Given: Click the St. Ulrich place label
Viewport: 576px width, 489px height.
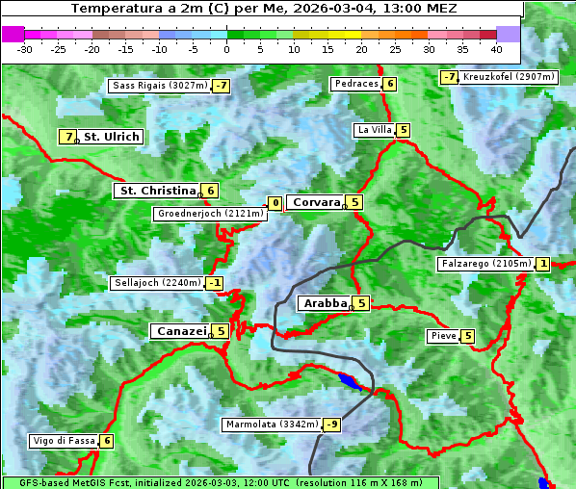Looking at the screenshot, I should pyautogui.click(x=111, y=137).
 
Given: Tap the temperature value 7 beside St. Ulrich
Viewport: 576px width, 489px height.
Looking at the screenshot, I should pyautogui.click(x=67, y=137).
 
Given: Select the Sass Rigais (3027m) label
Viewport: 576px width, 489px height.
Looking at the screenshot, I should pyautogui.click(x=160, y=86).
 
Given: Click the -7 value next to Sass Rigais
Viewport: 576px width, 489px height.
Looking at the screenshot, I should pyautogui.click(x=222, y=86).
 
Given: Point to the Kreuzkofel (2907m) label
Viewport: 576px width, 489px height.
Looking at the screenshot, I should pyautogui.click(x=509, y=76).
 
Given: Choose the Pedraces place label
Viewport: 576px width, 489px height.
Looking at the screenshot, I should pyautogui.click(x=355, y=84).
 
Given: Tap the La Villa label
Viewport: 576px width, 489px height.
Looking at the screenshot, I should pyautogui.click(x=374, y=130).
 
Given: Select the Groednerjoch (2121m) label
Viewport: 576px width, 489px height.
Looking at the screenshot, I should pyautogui.click(x=209, y=214).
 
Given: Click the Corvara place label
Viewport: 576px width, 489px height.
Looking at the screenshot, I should pyautogui.click(x=316, y=202).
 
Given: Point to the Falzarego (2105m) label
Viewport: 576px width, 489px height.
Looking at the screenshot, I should pyautogui.click(x=484, y=264).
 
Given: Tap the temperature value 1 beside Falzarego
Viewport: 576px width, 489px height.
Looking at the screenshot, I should pyautogui.click(x=543, y=264).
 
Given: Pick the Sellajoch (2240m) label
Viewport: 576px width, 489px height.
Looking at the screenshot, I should pyautogui.click(x=157, y=283).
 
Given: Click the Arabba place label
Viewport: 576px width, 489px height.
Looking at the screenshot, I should pyautogui.click(x=325, y=303).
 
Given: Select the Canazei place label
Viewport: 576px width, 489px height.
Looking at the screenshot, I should pyautogui.click(x=180, y=331).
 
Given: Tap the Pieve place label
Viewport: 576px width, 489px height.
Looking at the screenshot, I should pyautogui.click(x=443, y=336).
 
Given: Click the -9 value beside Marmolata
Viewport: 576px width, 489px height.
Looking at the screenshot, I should pyautogui.click(x=332, y=425).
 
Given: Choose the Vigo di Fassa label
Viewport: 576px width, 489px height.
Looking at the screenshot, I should pyautogui.click(x=65, y=441).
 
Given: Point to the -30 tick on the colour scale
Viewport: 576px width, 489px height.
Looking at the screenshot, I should pyautogui.click(x=25, y=48).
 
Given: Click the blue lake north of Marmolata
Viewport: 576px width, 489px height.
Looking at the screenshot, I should pyautogui.click(x=349, y=382).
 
